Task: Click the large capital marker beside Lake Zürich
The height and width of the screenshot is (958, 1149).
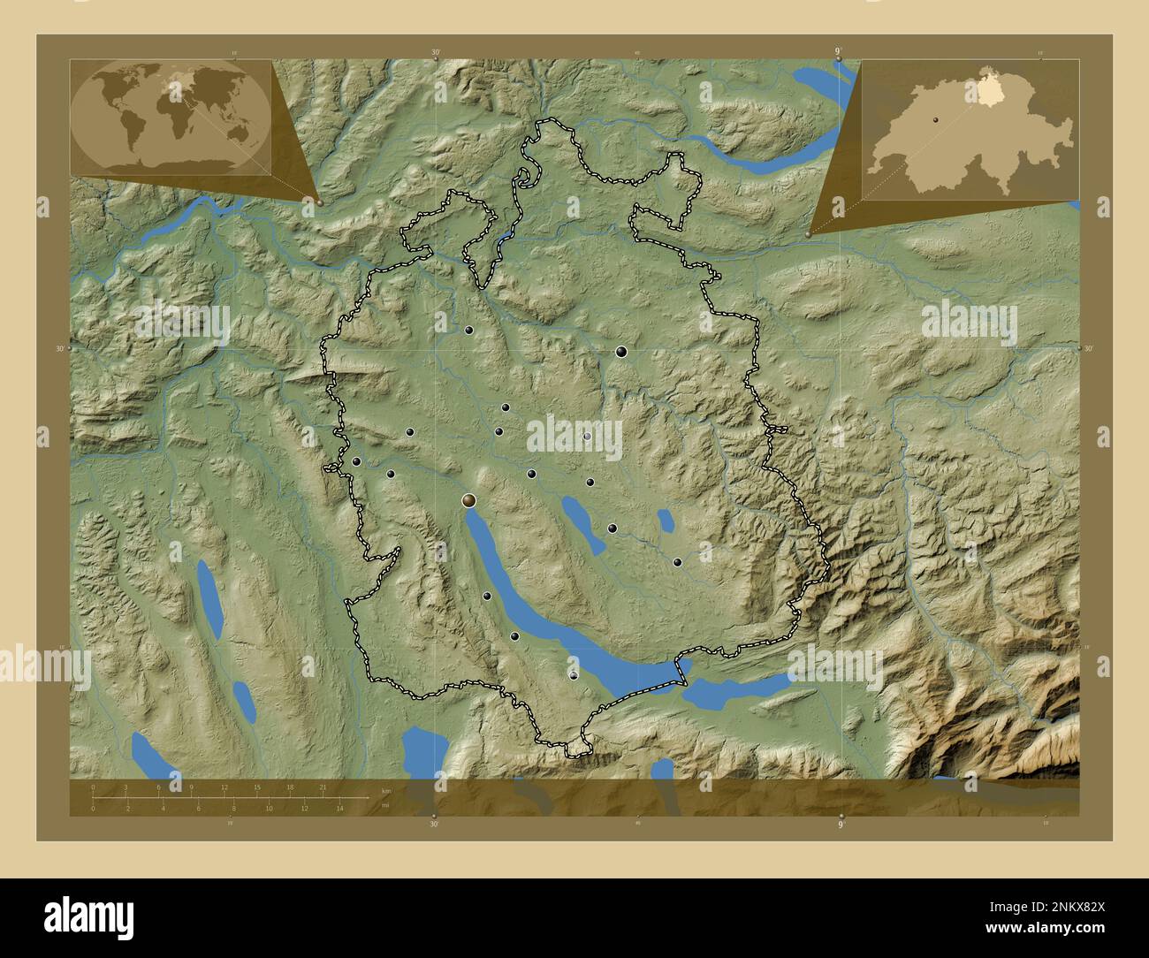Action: tap(469, 501)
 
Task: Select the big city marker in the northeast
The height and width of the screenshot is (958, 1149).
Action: tap(622, 352)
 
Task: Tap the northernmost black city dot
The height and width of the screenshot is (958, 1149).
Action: tap(469, 331)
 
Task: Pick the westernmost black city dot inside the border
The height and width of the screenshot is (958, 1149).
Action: tap(356, 461)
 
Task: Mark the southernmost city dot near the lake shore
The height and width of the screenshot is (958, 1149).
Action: tap(574, 675)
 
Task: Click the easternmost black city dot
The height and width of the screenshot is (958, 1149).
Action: tap(678, 562)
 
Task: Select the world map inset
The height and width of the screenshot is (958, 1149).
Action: tap(171, 116)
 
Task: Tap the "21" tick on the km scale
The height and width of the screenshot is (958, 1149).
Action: tap(323, 787)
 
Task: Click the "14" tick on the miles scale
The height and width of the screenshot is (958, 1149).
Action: tap(340, 808)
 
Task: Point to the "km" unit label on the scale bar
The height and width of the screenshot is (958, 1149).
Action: tap(385, 790)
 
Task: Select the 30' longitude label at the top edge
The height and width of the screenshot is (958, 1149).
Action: tap(435, 52)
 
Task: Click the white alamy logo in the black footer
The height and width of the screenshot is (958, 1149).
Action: tap(89, 915)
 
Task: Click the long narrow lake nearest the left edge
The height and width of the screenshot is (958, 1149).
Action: tap(209, 597)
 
